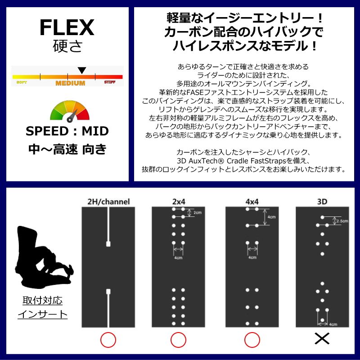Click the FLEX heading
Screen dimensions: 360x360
click(67, 27)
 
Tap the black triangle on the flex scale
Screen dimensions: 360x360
click(82, 70)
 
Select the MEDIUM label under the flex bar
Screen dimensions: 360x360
click(70, 83)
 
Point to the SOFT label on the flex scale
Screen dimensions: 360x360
click(22, 82)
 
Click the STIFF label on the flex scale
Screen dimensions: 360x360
click(110, 82)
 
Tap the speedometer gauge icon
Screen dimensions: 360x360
click(70, 111)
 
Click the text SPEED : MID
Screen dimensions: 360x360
click(67, 131)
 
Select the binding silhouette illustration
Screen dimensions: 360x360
click(44, 257)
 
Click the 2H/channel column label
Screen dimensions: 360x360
click(108, 202)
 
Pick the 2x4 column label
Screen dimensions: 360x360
click(179, 202)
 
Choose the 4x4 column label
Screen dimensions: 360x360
click(252, 202)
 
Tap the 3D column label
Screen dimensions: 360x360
click(322, 202)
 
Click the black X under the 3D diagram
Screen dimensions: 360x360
click(322, 339)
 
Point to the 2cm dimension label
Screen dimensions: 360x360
click(198, 212)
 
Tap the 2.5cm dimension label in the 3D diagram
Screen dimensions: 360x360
click(342, 221)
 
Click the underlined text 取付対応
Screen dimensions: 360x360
click(42, 300)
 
